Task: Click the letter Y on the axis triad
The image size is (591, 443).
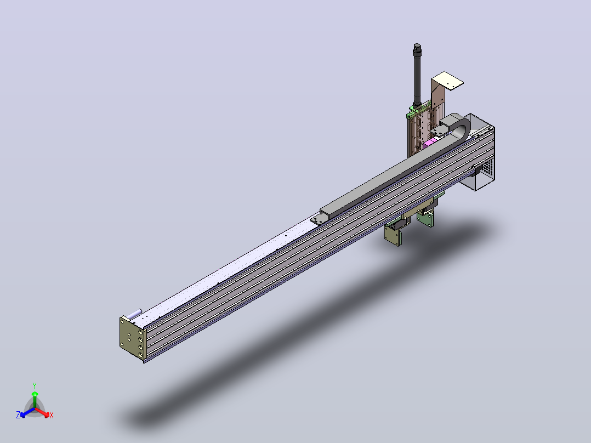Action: click(x=35, y=385)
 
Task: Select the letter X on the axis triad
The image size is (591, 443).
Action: click(x=52, y=415)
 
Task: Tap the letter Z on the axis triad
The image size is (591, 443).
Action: click(x=18, y=414)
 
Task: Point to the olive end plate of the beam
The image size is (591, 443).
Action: click(x=133, y=338)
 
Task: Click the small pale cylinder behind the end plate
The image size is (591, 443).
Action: click(x=134, y=314)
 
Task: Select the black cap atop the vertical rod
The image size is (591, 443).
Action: click(x=417, y=47)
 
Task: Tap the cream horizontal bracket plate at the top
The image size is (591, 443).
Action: click(x=447, y=80)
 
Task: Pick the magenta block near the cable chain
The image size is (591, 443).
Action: click(x=429, y=143)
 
